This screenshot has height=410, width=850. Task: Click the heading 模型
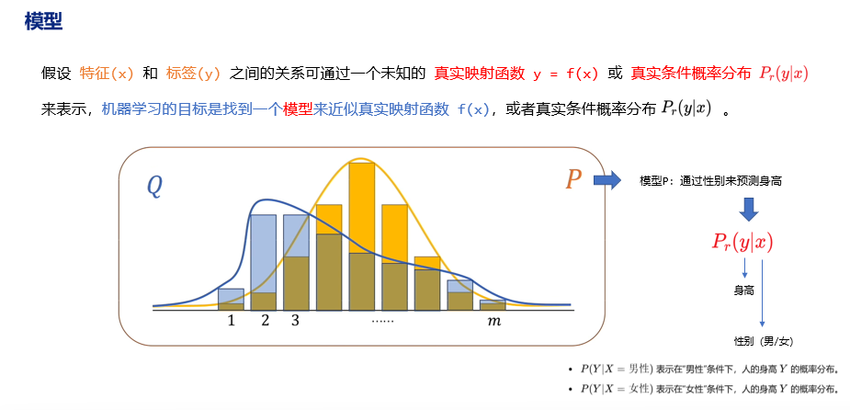coord(43,21)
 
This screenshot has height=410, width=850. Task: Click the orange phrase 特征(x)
coord(108,73)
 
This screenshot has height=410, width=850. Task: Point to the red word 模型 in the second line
coord(298,108)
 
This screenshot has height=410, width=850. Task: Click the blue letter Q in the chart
coord(154,187)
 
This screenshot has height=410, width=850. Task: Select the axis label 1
coord(231,321)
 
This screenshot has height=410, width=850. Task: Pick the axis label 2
coord(266,321)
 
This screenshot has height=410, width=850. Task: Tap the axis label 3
coord(295,321)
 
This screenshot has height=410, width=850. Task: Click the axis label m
coord(493,321)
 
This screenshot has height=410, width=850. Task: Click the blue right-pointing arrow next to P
coord(607,179)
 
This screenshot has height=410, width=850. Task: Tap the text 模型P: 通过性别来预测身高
coord(711,181)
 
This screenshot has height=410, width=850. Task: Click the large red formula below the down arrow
coord(742,242)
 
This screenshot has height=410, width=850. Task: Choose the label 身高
coord(743,290)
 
